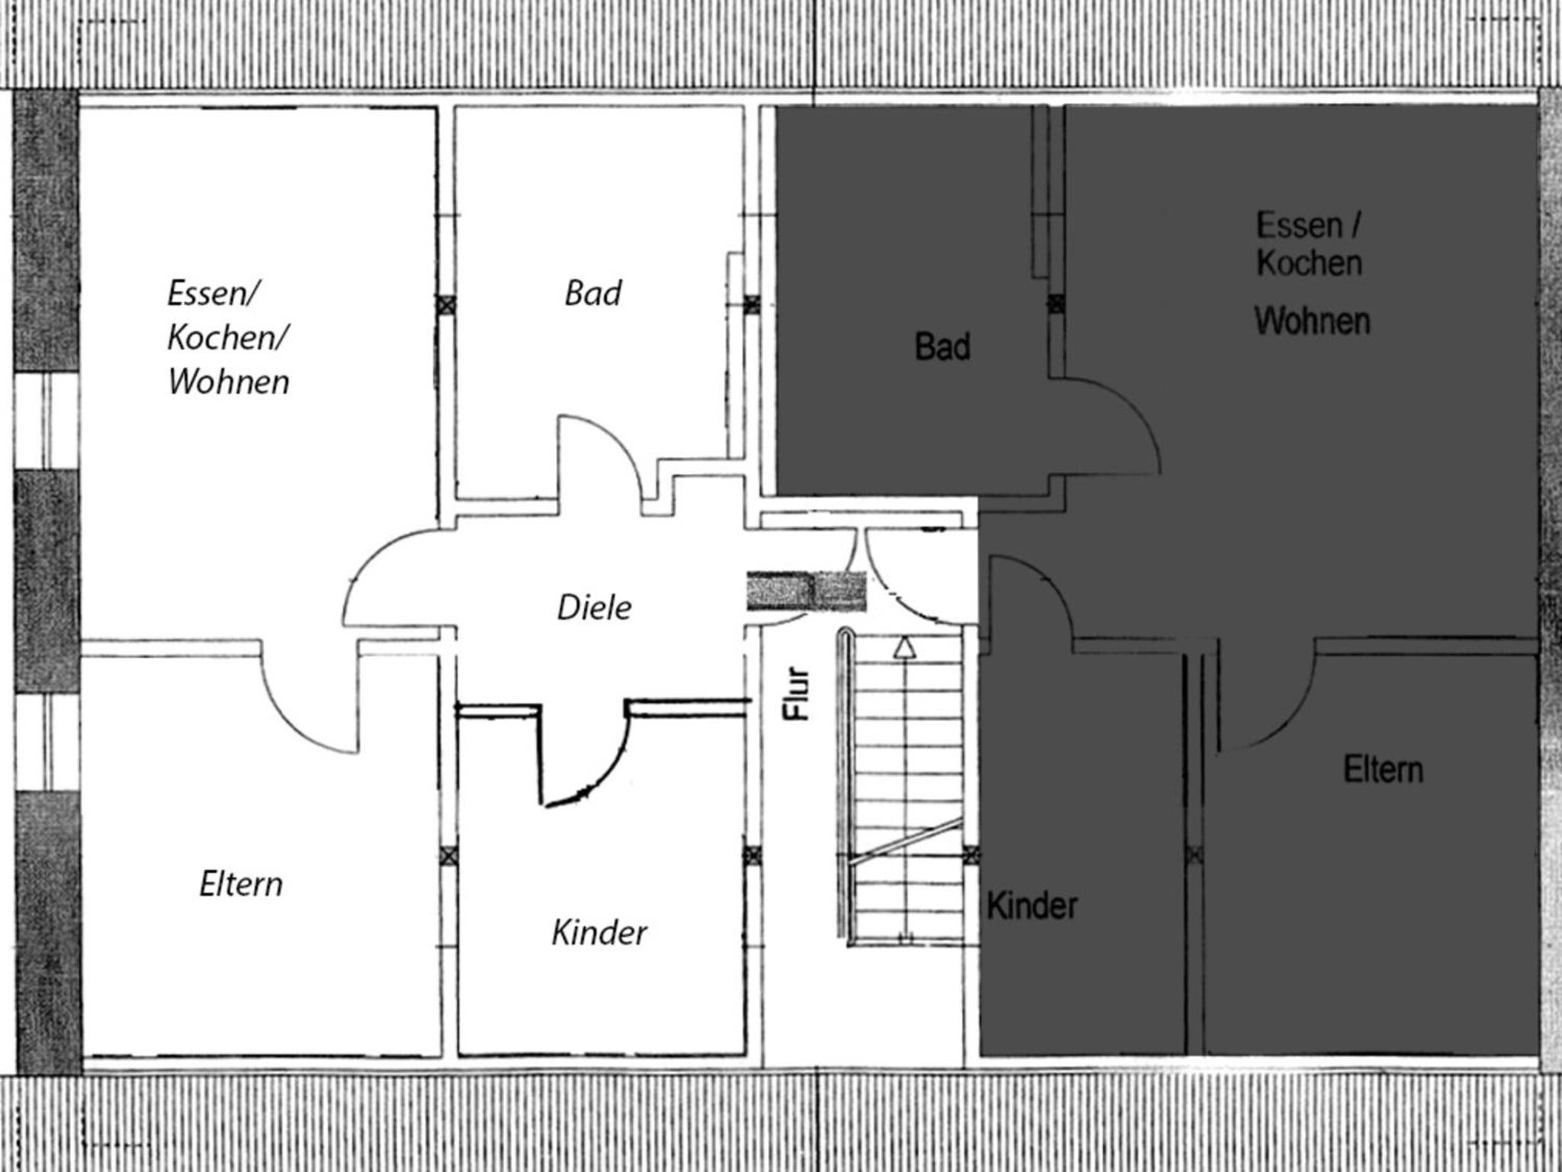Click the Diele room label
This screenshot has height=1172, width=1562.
point(594,608)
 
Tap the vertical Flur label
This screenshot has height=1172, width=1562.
point(796,694)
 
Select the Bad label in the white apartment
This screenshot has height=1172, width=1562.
point(593,293)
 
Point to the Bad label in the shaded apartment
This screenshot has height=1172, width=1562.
point(943,347)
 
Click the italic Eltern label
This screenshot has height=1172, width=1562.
point(241,884)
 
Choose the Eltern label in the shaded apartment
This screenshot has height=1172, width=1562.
point(1384,769)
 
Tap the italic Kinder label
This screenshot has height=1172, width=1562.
point(599,932)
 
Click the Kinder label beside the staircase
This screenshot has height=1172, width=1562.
point(1032,906)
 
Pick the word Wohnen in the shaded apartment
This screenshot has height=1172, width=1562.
point(1313,321)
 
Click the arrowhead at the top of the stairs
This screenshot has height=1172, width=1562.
point(905,647)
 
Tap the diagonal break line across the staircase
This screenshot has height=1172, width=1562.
point(906,840)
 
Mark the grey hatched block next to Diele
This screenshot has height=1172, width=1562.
point(806,591)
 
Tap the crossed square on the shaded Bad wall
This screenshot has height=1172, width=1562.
point(1056,304)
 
